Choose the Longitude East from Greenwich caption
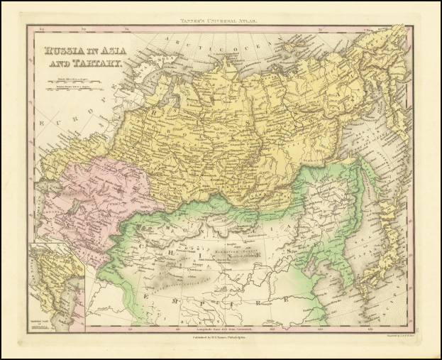click(220, 330)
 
